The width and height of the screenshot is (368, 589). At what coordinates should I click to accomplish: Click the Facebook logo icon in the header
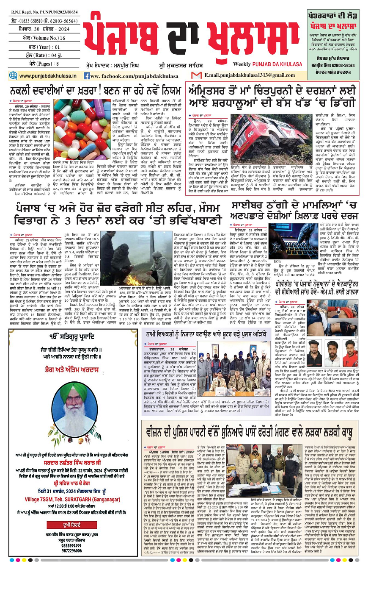pos(87,76)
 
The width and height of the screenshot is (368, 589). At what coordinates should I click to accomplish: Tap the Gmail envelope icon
pos(196,75)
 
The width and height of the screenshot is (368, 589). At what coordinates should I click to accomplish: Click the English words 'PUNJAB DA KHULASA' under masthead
pos(275,64)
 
